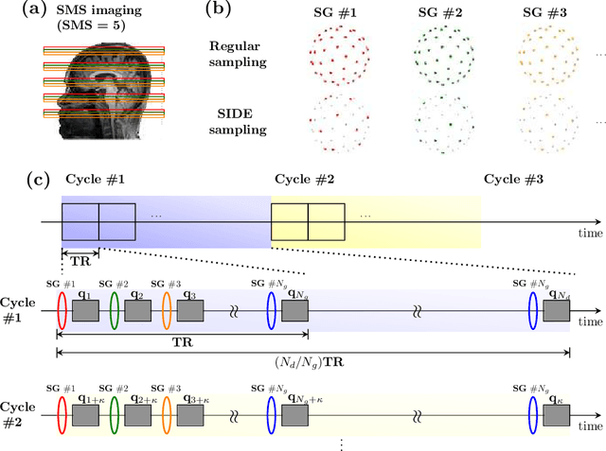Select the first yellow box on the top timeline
pyautogui.click(x=289, y=221)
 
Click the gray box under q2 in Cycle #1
pyautogui.click(x=137, y=310)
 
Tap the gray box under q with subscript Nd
pyautogui.click(x=557, y=310)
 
